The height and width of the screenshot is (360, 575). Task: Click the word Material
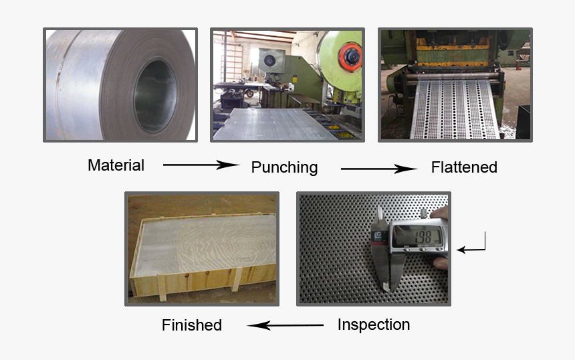[x=116, y=165]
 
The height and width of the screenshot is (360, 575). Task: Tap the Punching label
[x=284, y=167]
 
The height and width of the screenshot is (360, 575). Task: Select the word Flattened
[x=464, y=167]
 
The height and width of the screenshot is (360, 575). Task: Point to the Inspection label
[x=373, y=325]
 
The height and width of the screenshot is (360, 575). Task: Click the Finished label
[x=191, y=326]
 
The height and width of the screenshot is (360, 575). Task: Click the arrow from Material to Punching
[x=201, y=165]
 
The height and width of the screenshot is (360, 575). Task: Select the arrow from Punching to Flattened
[x=378, y=169]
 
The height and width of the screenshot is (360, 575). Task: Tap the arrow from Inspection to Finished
[x=285, y=326]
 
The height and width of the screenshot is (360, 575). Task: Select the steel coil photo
[x=120, y=84]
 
